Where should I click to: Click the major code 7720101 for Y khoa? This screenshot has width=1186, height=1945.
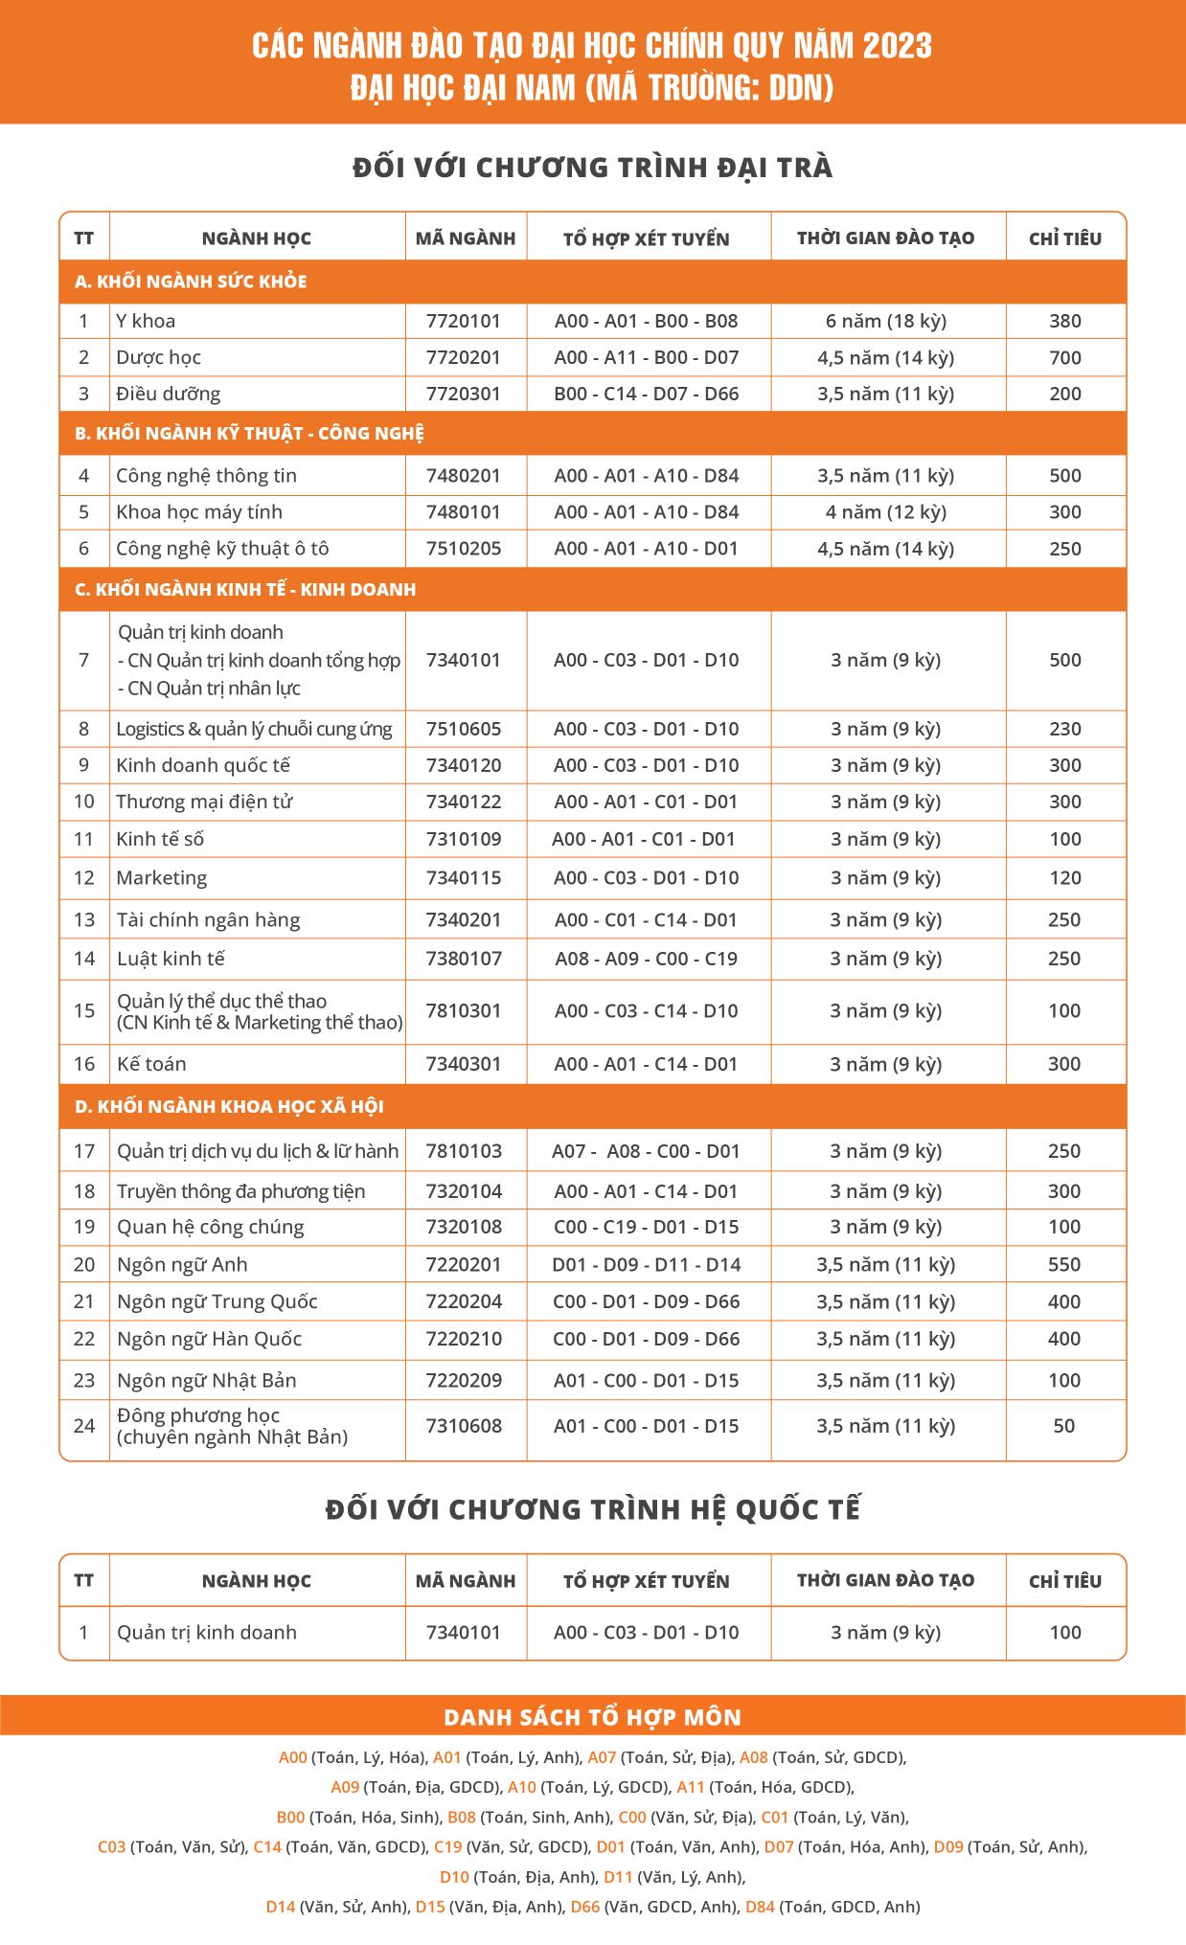click(464, 321)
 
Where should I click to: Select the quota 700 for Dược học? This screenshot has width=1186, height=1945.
click(1064, 357)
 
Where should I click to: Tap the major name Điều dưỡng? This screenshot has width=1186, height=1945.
click(168, 394)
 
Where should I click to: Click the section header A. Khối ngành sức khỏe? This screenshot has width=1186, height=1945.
click(191, 282)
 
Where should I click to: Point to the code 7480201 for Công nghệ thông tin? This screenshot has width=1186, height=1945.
click(464, 475)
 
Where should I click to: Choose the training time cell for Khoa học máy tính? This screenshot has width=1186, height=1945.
click(886, 511)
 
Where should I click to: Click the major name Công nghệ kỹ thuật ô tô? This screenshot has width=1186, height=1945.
click(222, 549)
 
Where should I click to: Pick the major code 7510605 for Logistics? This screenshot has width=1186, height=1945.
click(464, 729)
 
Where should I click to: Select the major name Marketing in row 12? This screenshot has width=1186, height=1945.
click(161, 877)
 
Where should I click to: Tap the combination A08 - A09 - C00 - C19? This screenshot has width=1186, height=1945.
click(646, 959)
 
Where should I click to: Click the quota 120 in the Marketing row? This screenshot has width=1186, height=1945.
click(1064, 877)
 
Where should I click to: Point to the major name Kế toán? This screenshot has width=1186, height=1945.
click(151, 1064)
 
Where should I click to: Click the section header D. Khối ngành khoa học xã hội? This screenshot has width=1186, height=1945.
click(229, 1106)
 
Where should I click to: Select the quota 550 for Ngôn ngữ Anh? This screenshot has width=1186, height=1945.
click(1064, 1264)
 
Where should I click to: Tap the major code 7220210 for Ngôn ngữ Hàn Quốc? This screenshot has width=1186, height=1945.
click(464, 1339)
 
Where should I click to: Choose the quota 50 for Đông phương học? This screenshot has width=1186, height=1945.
click(1064, 1425)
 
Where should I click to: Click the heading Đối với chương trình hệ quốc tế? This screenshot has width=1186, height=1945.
click(593, 1509)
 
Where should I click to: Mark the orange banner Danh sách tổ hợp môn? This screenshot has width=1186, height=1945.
click(593, 1716)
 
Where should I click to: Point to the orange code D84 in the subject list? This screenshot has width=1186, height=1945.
click(760, 1907)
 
